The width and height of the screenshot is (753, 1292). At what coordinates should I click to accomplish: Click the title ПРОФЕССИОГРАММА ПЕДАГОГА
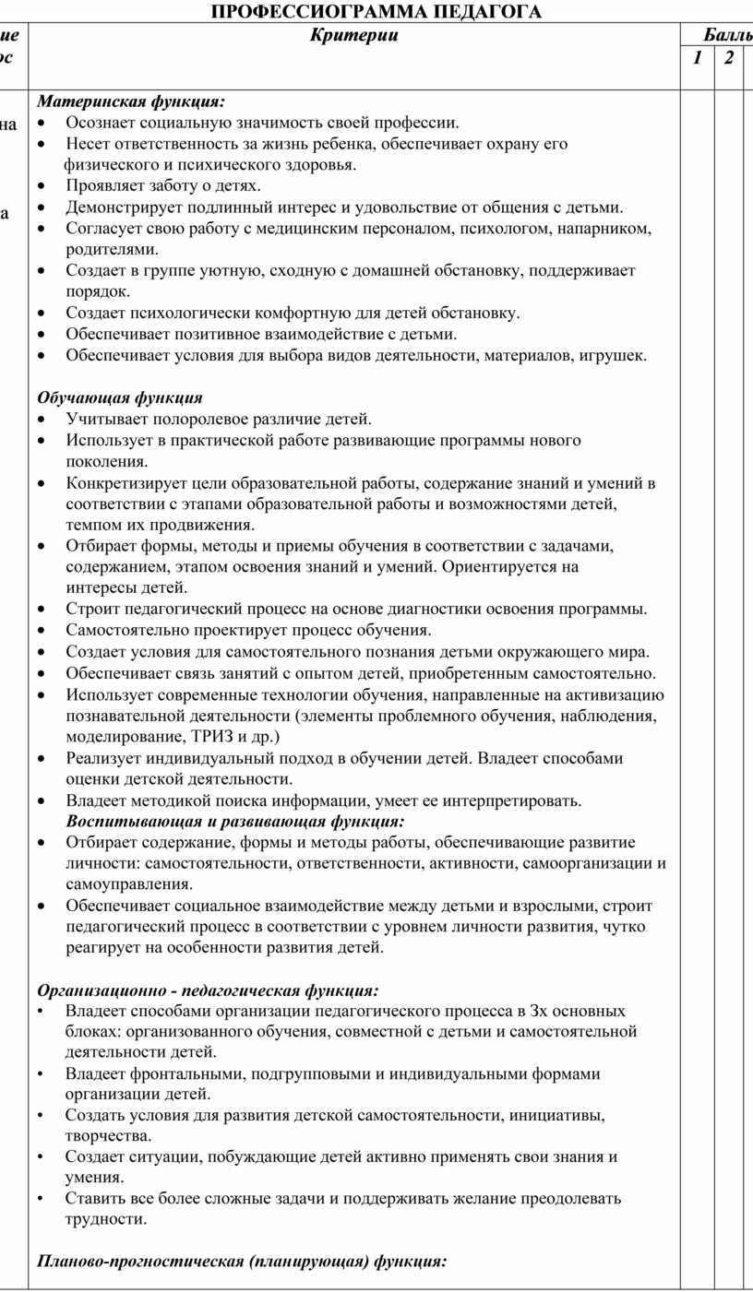376,11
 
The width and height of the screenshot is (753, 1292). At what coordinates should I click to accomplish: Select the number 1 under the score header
698,58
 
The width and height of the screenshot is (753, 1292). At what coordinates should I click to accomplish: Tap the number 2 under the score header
729,58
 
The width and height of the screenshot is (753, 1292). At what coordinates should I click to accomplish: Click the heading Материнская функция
130,101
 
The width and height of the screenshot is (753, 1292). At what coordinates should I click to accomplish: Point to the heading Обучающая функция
120,398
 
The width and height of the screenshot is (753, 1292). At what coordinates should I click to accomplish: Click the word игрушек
616,355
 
